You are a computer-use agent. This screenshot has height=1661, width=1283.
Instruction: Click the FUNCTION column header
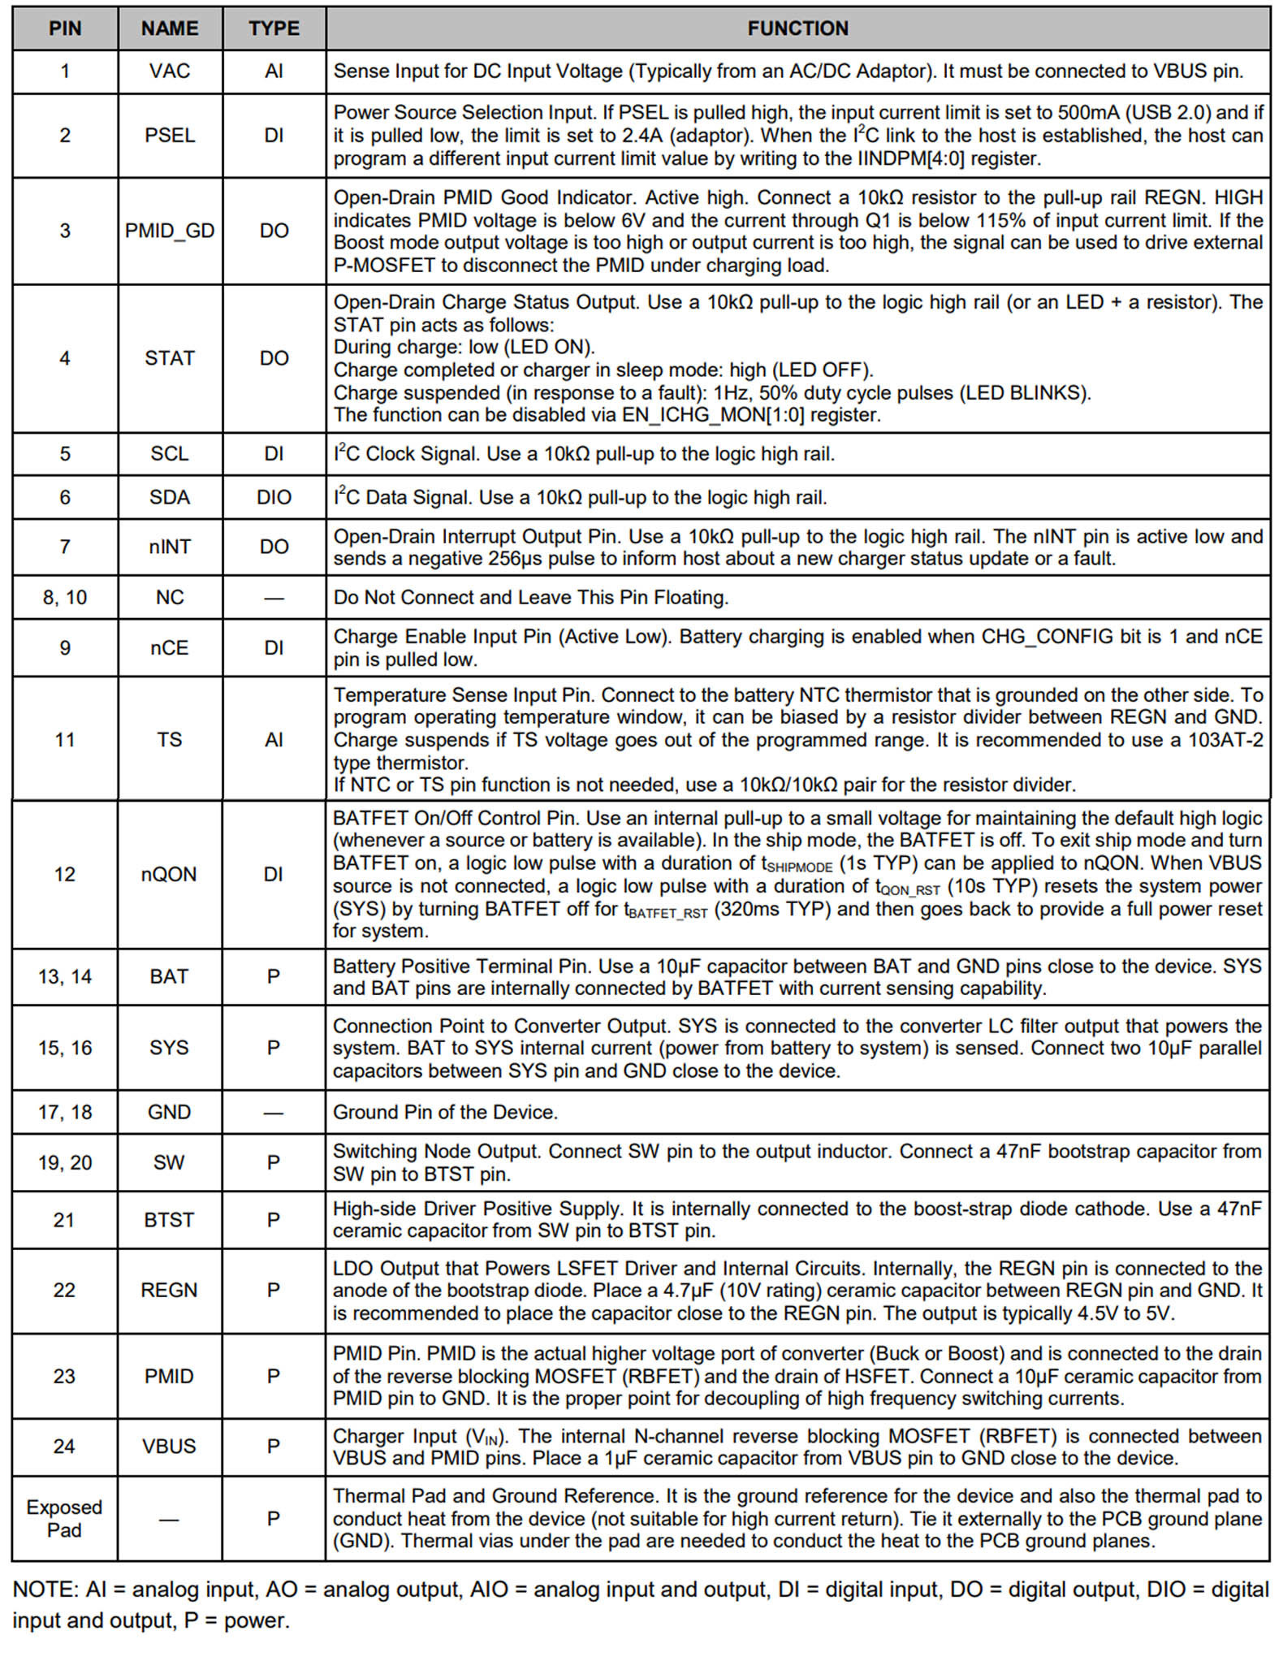pyautogui.click(x=797, y=28)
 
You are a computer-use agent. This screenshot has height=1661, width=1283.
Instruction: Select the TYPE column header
pyautogui.click(x=274, y=28)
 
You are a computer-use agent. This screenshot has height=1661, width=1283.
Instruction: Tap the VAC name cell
pyautogui.click(x=170, y=71)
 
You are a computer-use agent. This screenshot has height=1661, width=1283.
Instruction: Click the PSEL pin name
pyautogui.click(x=170, y=135)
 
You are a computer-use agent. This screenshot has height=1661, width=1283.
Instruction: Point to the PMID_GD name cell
pyautogui.click(x=170, y=231)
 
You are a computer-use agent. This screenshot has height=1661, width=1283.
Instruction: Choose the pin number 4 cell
pyautogui.click(x=65, y=358)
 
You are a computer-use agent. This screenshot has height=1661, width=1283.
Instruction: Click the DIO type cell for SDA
pyautogui.click(x=274, y=497)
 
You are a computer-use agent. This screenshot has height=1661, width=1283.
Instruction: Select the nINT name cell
pyautogui.click(x=170, y=547)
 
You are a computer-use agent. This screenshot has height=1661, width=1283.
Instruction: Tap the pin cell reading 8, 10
pyautogui.click(x=65, y=598)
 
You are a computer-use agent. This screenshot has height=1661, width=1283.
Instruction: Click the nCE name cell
pyautogui.click(x=170, y=647)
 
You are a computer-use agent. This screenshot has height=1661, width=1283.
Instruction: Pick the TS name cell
pyautogui.click(x=170, y=739)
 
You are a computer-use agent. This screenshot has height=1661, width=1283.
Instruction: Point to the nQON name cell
pyautogui.click(x=169, y=874)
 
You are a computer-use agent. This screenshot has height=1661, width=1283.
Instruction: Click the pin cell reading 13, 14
pyautogui.click(x=65, y=976)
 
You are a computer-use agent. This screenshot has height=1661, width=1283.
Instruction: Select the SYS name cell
pyautogui.click(x=169, y=1048)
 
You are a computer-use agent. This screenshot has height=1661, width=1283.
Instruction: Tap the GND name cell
pyautogui.click(x=169, y=1112)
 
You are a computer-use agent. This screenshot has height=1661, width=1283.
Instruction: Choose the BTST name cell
pyautogui.click(x=169, y=1220)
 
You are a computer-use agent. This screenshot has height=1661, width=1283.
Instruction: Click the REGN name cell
pyautogui.click(x=169, y=1290)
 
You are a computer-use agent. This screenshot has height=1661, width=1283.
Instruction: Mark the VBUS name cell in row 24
pyautogui.click(x=169, y=1446)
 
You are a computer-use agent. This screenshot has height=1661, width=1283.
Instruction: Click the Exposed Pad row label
pyautogui.click(x=64, y=1518)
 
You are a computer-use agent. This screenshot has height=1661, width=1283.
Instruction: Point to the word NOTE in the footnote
pyautogui.click(x=40, y=1590)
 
